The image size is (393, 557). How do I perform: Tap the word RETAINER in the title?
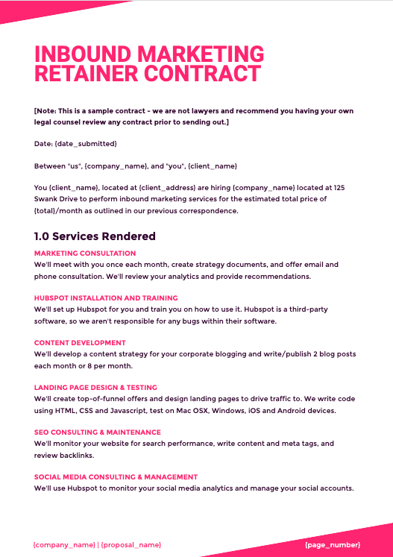tap(87, 74)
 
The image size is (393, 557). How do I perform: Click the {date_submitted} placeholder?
tap(86, 142)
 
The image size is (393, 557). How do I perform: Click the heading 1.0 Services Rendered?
tap(95, 236)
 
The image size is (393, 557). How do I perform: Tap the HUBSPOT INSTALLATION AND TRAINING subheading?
tap(106, 298)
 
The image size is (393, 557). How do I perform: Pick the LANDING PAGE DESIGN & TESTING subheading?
tap(95, 388)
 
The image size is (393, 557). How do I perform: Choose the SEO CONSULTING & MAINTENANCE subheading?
tap(97, 432)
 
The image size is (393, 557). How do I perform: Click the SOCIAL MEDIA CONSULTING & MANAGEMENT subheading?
tap(116, 477)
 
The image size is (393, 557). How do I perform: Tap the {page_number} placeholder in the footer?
tap(333, 545)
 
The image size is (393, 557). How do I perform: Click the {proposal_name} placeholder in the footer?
tap(131, 545)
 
